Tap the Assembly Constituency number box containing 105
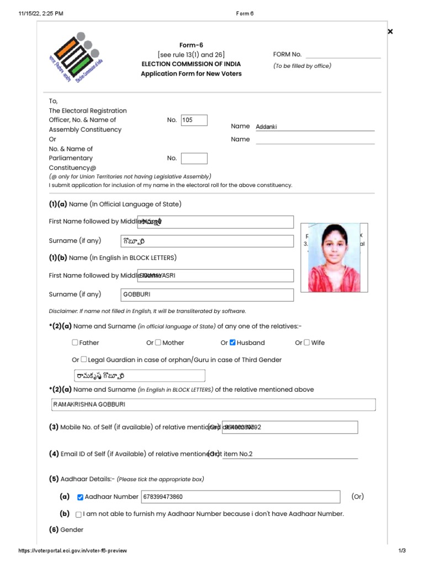(194, 120)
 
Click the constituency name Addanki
(266, 127)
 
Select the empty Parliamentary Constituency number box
(194, 158)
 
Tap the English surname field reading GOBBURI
(206, 295)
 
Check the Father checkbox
(75, 343)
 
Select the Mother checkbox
(158, 343)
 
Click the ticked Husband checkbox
(232, 343)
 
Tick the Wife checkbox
(307, 343)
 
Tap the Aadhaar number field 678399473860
(240, 497)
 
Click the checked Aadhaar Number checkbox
(80, 497)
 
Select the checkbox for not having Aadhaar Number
(78, 514)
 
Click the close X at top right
(390, 31)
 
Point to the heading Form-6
(191, 45)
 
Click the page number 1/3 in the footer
(402, 551)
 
